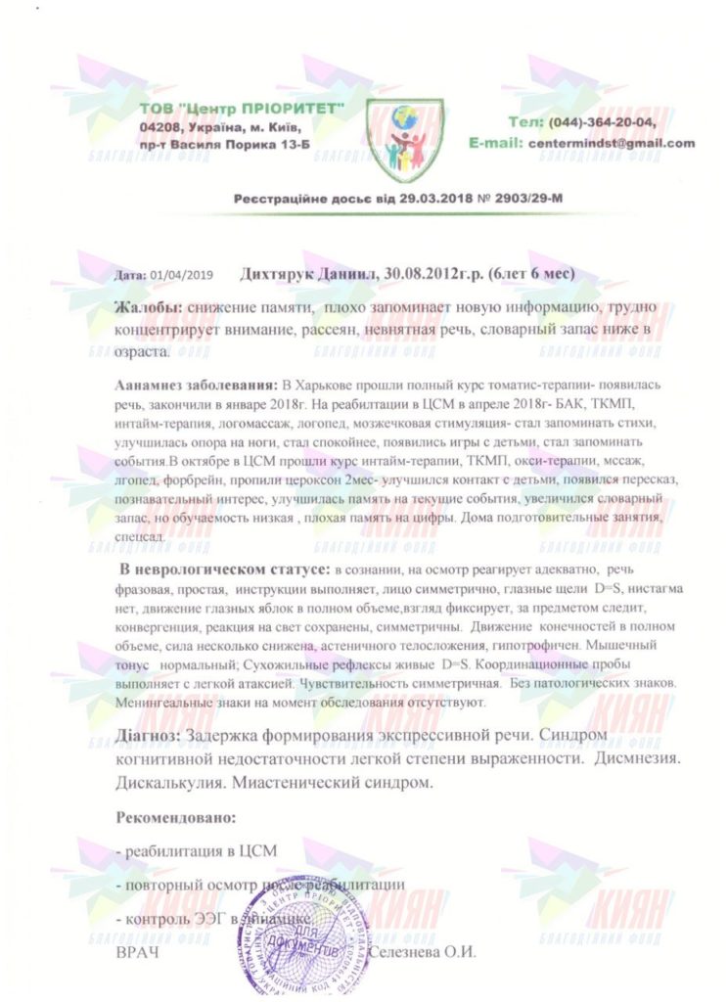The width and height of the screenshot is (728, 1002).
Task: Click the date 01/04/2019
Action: [181, 277]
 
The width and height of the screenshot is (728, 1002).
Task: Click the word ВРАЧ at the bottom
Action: [136, 951]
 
